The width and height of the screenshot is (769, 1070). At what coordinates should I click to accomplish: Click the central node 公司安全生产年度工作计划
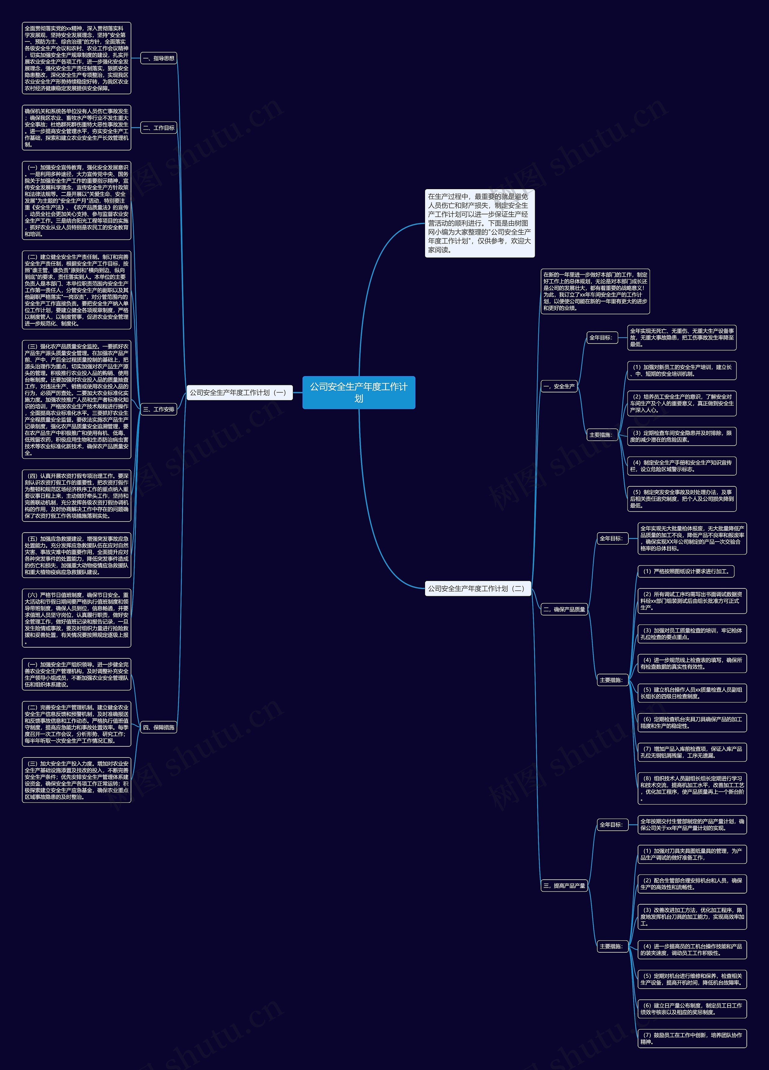[x=359, y=392]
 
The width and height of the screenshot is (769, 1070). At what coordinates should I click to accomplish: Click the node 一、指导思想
[x=159, y=59]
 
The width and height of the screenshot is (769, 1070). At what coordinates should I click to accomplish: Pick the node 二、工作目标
[x=159, y=128]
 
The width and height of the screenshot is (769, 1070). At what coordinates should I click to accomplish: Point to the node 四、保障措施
[x=159, y=727]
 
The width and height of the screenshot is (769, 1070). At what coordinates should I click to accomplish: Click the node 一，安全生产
[x=559, y=386]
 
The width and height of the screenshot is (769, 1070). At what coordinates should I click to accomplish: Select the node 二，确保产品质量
[x=564, y=609]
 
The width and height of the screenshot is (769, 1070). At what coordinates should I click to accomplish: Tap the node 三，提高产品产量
[x=564, y=886]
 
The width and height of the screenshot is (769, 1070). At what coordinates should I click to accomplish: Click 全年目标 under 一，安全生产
[x=601, y=337]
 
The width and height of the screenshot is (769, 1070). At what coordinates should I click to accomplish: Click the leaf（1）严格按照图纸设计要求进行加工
[x=685, y=571]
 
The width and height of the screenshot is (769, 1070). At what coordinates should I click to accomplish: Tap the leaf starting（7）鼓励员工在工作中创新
[x=691, y=1038]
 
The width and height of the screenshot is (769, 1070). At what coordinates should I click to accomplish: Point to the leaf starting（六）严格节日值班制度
[x=77, y=618]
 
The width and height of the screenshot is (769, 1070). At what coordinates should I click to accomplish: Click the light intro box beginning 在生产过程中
[x=480, y=223]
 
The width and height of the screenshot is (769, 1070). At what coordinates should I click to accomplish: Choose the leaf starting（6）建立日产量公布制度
[x=691, y=1009]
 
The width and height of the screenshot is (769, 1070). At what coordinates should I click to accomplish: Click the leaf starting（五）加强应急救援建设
[x=77, y=555]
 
